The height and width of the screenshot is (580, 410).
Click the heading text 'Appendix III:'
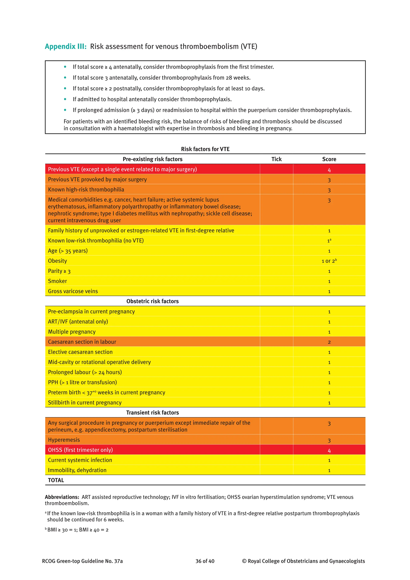click(x=66, y=46)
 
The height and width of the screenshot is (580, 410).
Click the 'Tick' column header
click(x=276, y=159)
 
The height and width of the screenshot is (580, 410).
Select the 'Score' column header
click(x=329, y=159)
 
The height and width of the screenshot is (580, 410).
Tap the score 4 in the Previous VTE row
click(x=329, y=170)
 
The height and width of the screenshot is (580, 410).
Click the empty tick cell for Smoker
click(x=276, y=281)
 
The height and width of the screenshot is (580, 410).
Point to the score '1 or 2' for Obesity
click(x=329, y=261)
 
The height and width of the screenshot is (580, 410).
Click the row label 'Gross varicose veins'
click(x=73, y=291)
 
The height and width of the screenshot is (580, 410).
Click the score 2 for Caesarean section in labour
click(x=329, y=342)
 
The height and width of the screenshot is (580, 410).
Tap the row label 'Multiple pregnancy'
click(x=72, y=332)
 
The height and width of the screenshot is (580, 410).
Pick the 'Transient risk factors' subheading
click(x=153, y=413)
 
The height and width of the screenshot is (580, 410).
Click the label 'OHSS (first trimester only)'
click(x=80, y=450)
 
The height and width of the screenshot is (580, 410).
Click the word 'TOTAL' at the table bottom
click(x=56, y=480)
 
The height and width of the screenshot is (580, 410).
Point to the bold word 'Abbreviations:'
click(x=62, y=497)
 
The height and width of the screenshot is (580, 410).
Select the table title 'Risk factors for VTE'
click(x=205, y=149)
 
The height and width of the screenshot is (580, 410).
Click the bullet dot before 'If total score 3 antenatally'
click(x=65, y=78)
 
